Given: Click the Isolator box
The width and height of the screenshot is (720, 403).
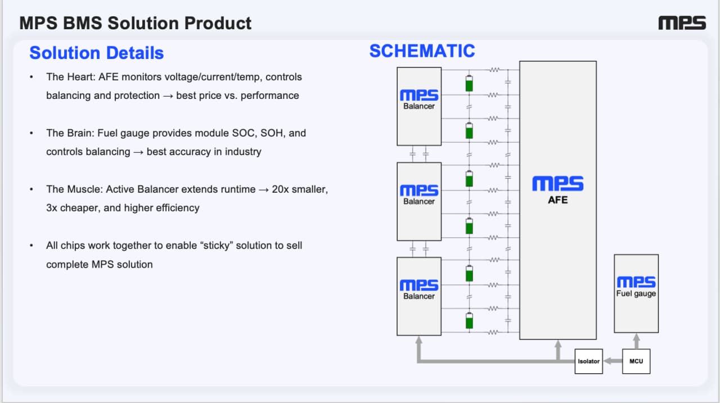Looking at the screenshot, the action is pos(588,361).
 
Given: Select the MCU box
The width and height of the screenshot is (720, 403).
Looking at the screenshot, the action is pos(636,361).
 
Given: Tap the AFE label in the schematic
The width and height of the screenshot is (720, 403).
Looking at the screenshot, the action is pos(557,200).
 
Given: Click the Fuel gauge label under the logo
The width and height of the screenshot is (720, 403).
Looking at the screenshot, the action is pos(636,294).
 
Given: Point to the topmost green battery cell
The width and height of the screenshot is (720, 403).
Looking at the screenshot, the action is pos(469,84).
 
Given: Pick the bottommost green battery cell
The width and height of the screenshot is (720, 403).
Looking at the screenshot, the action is pos(469,320).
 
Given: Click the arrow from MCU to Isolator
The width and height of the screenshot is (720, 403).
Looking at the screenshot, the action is pos(613,361).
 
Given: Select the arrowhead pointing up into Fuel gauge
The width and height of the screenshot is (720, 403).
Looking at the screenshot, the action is pos(636,338).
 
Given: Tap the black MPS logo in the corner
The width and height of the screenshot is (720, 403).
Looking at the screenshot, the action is pos(682,23).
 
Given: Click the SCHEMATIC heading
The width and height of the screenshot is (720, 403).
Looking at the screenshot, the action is pos(422,51).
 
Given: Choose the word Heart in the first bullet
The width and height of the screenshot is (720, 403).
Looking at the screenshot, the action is pos(81,77).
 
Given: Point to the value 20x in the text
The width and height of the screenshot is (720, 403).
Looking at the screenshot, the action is pos(280,189).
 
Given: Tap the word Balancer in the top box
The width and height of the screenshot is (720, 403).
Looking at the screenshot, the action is pos(419,106).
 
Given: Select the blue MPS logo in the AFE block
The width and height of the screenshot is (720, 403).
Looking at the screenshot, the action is pos(557,184).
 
